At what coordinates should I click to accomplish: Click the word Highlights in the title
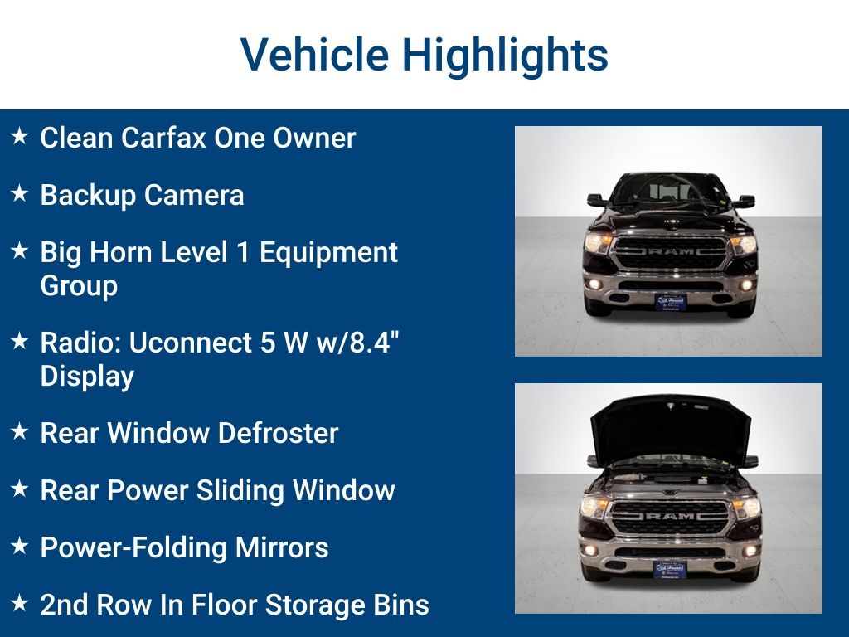point(505,56)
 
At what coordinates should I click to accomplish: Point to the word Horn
point(122,252)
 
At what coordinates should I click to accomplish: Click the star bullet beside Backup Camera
point(20,195)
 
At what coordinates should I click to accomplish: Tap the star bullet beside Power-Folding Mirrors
point(20,547)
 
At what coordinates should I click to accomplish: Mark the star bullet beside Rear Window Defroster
point(20,432)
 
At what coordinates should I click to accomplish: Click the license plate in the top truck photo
point(670,301)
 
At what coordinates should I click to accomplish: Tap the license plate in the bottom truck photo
point(670,570)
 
